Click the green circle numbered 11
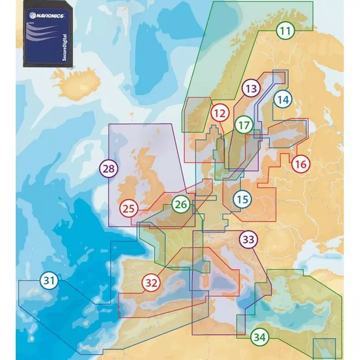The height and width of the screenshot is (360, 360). point(285,31)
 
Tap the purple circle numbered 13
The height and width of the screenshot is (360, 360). point(251,88)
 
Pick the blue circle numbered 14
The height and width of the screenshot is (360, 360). point(283,99)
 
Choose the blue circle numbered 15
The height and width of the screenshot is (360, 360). point(242,198)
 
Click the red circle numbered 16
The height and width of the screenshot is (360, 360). point(301,164)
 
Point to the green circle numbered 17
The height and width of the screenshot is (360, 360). point(243,124)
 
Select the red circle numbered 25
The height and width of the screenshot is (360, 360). point(129,209)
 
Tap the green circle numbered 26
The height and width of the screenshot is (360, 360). point(180,204)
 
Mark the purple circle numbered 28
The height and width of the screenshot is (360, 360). point(108,169)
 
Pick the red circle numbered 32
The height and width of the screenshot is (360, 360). point(151,283)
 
